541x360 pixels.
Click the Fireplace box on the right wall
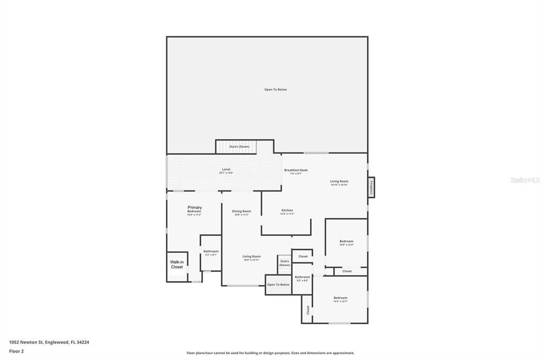(x=371, y=187)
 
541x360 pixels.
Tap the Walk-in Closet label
(x=177, y=264)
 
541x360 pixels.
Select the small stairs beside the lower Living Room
(x=285, y=263)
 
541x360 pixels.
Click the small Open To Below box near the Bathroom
(x=278, y=285)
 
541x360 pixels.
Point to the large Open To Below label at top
(x=275, y=90)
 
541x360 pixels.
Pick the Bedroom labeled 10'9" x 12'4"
(x=346, y=243)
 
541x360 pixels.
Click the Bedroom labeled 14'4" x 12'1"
(x=340, y=299)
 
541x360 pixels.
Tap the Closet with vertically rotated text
(x=307, y=310)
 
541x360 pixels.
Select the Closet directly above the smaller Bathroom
(x=303, y=257)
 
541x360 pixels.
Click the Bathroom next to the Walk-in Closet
(x=211, y=253)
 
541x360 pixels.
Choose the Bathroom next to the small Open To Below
(x=303, y=278)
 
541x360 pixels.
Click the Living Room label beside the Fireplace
(x=339, y=183)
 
